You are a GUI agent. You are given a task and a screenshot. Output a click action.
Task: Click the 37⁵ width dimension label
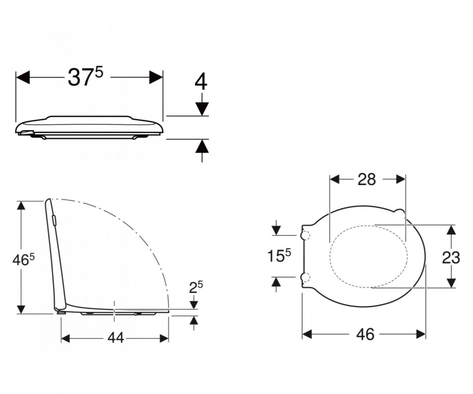coord(86,77)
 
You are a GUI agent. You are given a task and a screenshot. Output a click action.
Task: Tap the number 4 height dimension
coord(201,82)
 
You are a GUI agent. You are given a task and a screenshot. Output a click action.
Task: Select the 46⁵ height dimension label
coord(24,260)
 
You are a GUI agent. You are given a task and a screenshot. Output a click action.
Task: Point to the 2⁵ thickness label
coord(196,287)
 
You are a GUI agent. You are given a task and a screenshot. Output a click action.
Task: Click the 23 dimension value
coord(451,257)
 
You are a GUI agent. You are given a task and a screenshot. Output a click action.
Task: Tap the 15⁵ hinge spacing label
coord(279,256)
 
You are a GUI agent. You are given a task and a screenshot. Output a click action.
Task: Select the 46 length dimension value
coord(365,334)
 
